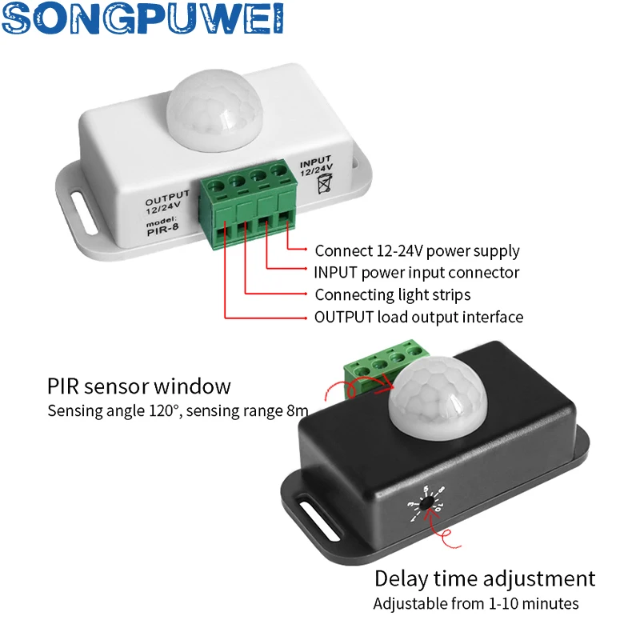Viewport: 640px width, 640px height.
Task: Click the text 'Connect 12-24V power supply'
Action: click(x=417, y=251)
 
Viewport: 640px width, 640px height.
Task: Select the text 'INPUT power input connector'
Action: click(x=417, y=273)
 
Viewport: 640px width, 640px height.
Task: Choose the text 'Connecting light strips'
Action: click(x=393, y=294)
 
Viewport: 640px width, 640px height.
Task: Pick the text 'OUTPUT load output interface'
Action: click(x=418, y=317)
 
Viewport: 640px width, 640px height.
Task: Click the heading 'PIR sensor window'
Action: click(x=139, y=387)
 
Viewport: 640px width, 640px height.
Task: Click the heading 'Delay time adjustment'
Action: click(x=485, y=578)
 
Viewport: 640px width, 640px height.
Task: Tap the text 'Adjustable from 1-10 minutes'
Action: click(x=476, y=603)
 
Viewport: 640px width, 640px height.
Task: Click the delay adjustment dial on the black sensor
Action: click(x=429, y=503)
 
